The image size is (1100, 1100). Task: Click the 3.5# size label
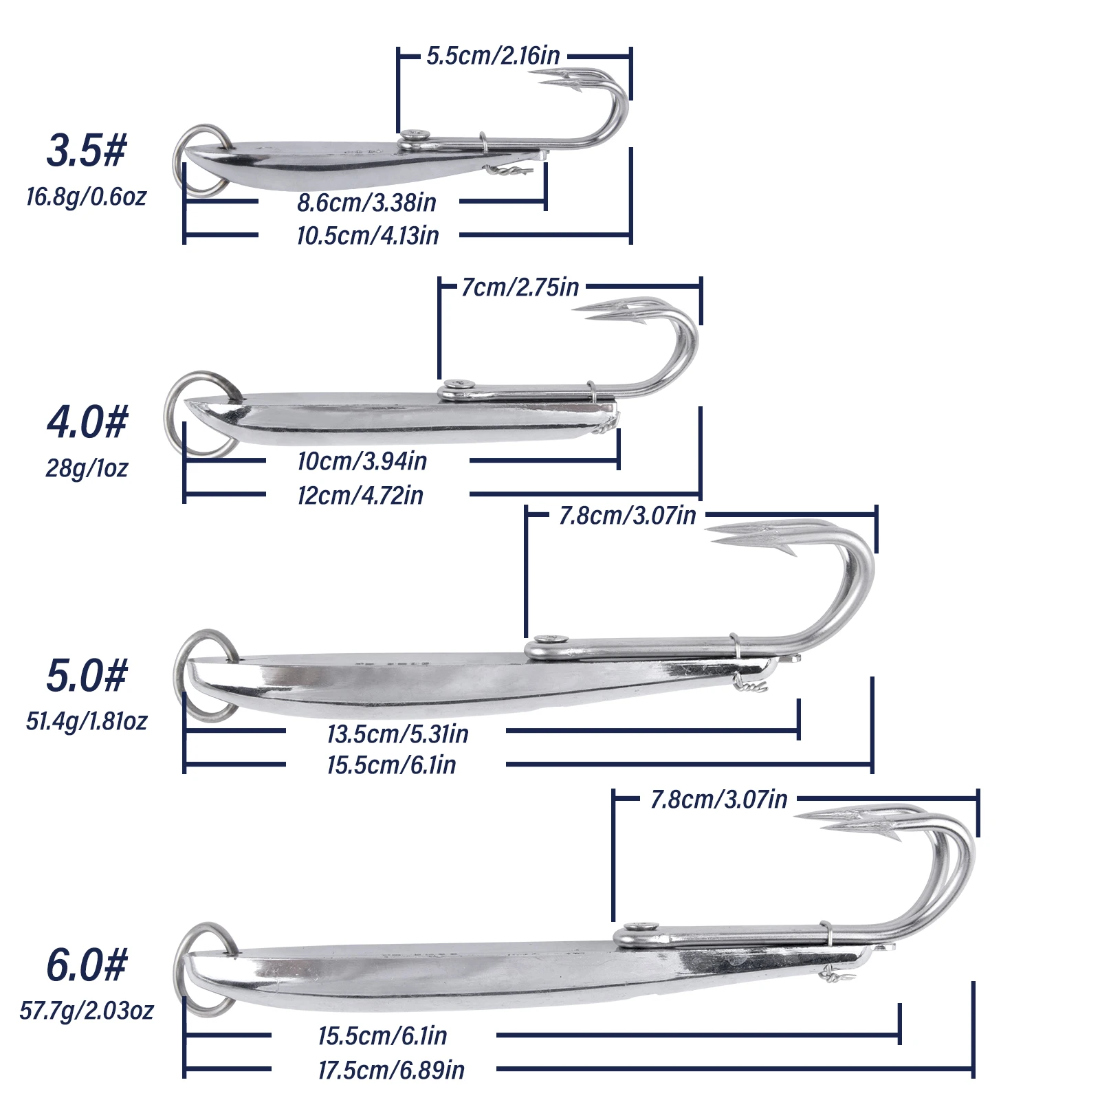pyautogui.click(x=87, y=151)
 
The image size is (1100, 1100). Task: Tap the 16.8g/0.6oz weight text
pyautogui.click(x=87, y=197)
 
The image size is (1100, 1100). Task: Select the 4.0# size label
pyautogui.click(x=87, y=421)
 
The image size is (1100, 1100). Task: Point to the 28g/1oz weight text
pyautogui.click(x=87, y=468)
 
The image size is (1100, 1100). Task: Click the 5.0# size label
pyautogui.click(x=87, y=675)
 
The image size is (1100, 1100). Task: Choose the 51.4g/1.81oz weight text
pyautogui.click(x=87, y=721)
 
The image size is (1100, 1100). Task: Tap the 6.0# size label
pyautogui.click(x=87, y=965)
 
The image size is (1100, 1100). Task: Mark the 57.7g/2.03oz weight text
pyautogui.click(x=87, y=1011)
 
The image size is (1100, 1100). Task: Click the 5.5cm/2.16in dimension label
pyautogui.click(x=493, y=56)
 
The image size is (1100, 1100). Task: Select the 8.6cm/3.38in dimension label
pyautogui.click(x=366, y=203)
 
